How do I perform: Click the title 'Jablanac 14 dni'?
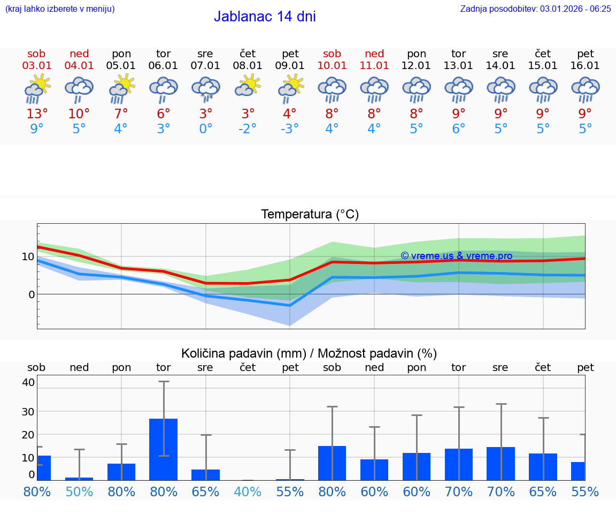265,17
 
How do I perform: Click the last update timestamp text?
535,9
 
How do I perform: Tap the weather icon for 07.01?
206,89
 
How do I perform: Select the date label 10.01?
332,65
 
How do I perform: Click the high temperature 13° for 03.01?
37,114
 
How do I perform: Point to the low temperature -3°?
290,129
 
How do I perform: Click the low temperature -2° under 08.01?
248,129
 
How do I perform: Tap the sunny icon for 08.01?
248,86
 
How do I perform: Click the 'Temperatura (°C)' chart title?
310,215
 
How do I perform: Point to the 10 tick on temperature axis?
28,256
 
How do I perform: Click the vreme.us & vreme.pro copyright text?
456,256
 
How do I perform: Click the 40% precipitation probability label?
248,491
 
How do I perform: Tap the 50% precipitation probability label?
79,491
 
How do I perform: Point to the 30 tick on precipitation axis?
28,411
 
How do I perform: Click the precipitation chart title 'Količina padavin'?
309,353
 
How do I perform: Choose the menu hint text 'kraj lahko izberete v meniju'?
60,9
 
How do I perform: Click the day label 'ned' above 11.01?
374,54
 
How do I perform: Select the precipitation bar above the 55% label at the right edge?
578,471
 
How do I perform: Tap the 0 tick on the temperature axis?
32,294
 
